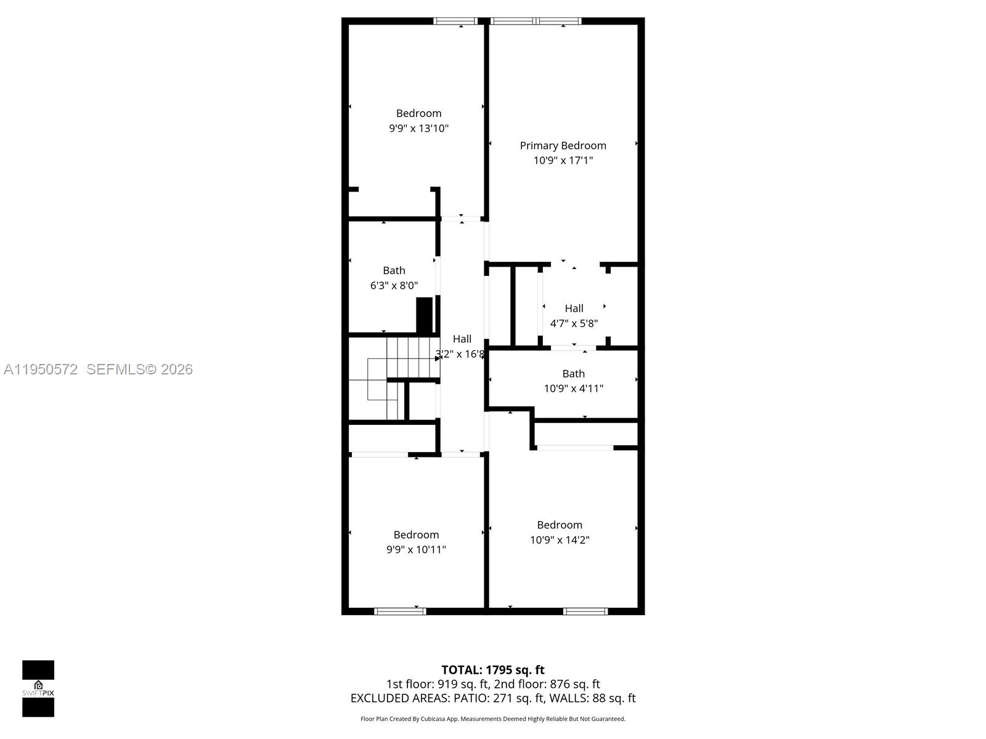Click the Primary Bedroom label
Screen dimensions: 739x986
point(563,145)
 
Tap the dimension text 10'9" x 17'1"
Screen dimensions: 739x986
point(563,160)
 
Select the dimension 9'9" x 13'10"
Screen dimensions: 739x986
point(418,128)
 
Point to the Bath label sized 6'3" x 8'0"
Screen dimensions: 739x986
point(394,270)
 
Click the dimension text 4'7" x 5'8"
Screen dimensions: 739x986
point(574,323)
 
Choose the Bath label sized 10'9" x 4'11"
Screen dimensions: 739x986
point(573,373)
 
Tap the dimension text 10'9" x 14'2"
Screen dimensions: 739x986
point(560,540)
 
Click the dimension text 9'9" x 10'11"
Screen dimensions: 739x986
point(416,549)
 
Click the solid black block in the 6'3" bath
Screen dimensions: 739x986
point(424,315)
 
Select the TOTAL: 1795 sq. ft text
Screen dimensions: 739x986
point(492,669)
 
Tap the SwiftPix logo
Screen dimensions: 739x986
point(38,689)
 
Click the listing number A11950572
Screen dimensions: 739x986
point(41,369)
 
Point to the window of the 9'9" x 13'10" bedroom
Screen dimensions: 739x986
point(455,21)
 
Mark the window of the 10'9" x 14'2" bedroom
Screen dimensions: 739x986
point(585,611)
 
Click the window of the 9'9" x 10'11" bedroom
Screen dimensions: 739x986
point(400,611)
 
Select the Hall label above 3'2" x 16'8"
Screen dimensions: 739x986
point(462,339)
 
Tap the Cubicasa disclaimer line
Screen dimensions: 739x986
point(492,719)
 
